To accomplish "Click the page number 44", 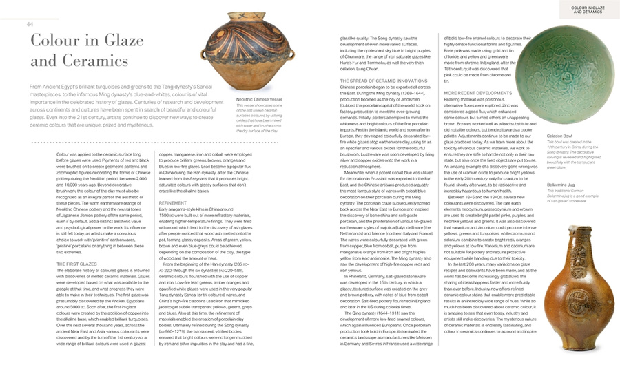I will pyautogui.click(x=30, y=25).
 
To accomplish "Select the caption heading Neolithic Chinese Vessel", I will pyautogui.click(x=259, y=100).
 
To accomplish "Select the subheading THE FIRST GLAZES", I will pyautogui.click(x=76, y=264).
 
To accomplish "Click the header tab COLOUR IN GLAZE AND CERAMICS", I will pyautogui.click(x=588, y=10).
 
